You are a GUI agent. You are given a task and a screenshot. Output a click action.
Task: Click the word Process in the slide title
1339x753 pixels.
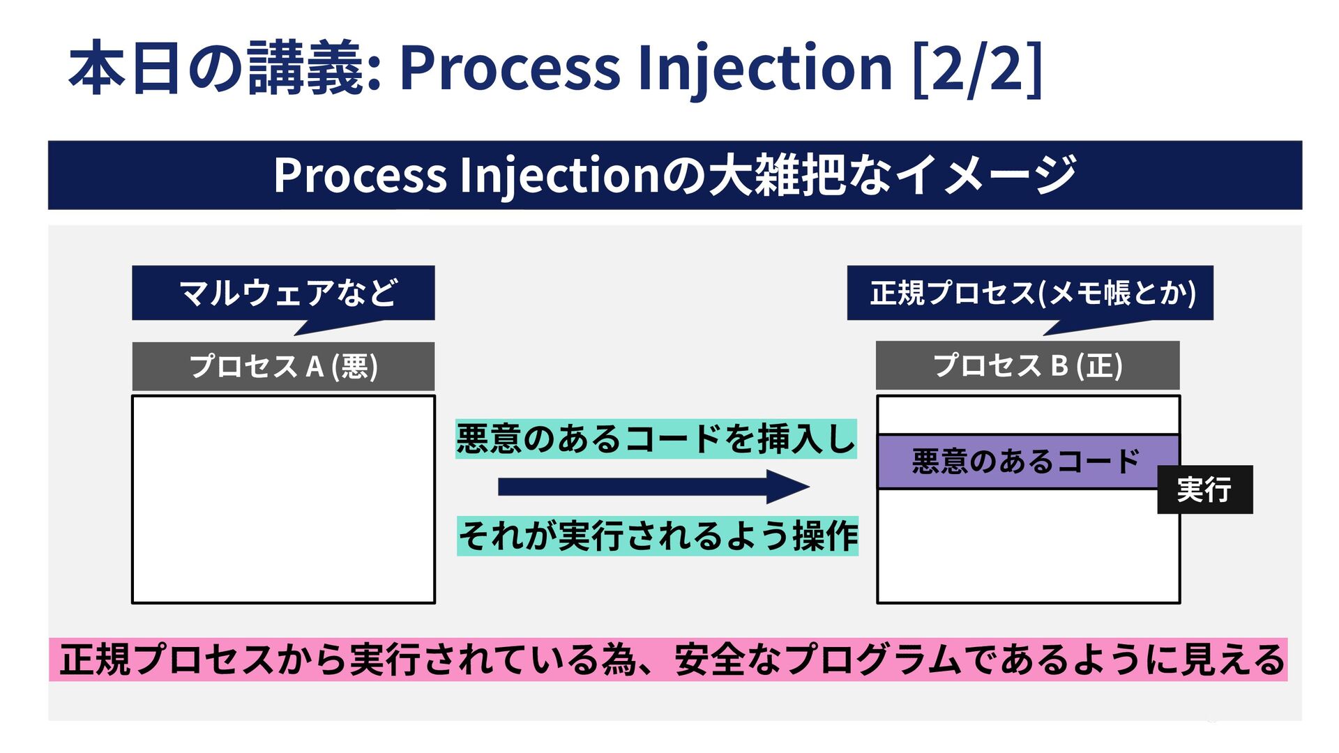click(x=509, y=68)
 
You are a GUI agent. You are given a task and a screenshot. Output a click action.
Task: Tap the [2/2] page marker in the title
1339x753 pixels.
click(x=976, y=68)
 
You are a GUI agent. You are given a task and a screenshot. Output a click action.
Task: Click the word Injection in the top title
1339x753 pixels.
click(x=764, y=68)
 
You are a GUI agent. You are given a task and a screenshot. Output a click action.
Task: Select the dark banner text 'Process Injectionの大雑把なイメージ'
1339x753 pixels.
click(x=674, y=175)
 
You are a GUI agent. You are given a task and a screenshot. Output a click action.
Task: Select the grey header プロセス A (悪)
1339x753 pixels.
click(x=283, y=366)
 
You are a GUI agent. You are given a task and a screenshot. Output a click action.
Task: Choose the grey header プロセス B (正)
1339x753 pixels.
click(x=1027, y=365)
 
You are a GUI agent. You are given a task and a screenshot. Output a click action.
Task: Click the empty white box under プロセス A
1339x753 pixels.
click(x=283, y=499)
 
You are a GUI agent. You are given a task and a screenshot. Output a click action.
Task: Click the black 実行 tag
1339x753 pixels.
click(x=1204, y=489)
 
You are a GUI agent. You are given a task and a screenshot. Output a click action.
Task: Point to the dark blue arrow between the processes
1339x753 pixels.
click(x=653, y=487)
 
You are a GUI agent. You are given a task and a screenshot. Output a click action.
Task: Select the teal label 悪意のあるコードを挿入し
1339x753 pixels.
click(x=656, y=439)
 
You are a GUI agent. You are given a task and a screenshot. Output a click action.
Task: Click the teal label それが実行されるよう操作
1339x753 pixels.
click(x=658, y=536)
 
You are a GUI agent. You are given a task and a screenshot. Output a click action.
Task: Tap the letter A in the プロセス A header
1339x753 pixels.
click(x=315, y=366)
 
